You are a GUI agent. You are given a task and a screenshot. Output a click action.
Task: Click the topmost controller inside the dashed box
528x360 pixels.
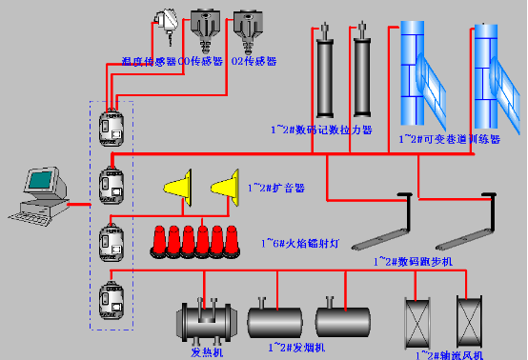coord(110,128)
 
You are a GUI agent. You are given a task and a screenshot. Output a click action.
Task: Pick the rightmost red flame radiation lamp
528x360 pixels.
coord(231,242)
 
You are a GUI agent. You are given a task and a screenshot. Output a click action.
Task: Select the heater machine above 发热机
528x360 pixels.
coord(208,321)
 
